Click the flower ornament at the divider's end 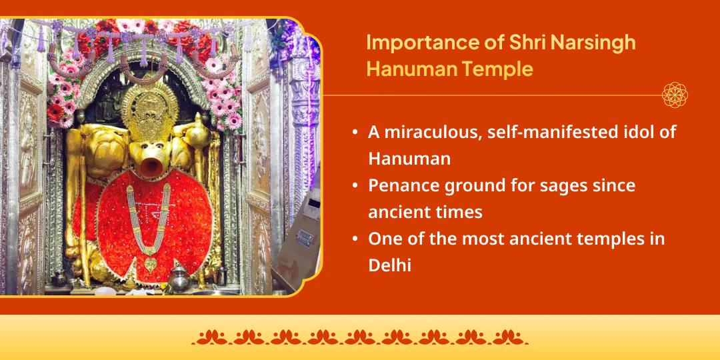[x=675, y=95]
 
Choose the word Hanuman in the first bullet [x=409, y=159]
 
